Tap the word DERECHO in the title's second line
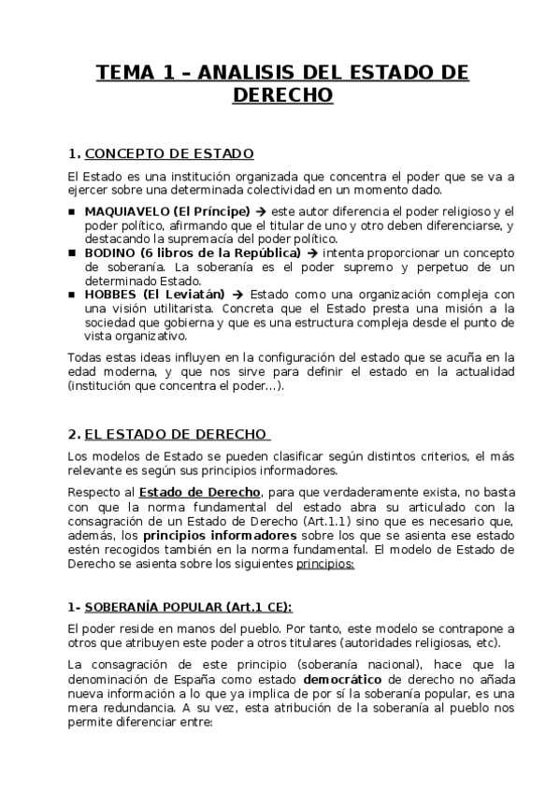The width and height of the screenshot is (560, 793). coord(280,96)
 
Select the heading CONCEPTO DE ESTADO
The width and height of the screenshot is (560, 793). coord(169,153)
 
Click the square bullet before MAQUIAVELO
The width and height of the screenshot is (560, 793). coord(72,211)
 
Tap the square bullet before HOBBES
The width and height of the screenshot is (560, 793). coord(72,294)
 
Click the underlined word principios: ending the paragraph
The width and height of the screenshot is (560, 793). coord(325,564)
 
